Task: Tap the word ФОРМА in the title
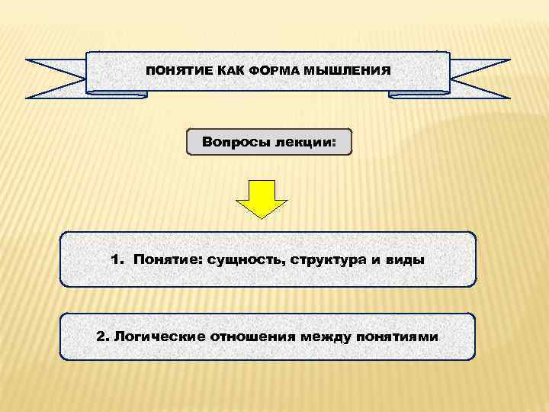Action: point(272,71)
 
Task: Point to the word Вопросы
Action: point(233,142)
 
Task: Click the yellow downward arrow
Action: point(262,198)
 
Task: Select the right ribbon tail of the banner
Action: point(480,79)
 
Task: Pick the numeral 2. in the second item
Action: point(104,336)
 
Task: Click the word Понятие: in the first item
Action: point(165,259)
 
